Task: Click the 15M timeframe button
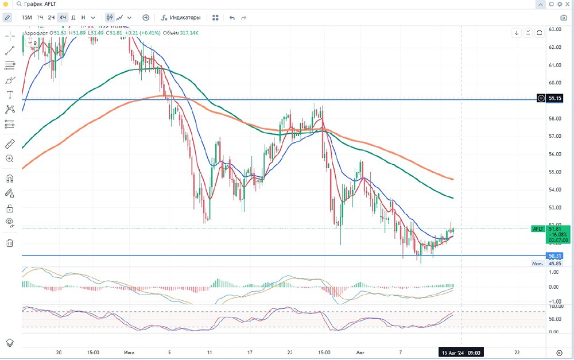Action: (x=27, y=18)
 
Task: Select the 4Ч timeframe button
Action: (x=63, y=18)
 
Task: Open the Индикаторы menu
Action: (x=181, y=18)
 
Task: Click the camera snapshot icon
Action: (x=564, y=18)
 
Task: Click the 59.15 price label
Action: (x=555, y=98)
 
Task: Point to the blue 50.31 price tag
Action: (x=555, y=256)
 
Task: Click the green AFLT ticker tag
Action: (x=538, y=229)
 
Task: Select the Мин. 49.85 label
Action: (x=546, y=264)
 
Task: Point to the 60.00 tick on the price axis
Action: (x=554, y=83)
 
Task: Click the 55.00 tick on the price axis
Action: (x=554, y=172)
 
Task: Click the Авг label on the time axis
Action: (x=360, y=352)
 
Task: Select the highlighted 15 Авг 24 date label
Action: (x=460, y=352)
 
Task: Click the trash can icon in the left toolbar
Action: (x=9, y=243)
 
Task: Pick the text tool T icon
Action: (x=9, y=95)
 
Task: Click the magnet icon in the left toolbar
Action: (x=9, y=179)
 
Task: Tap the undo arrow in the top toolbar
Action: (x=232, y=18)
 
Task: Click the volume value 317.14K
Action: (x=189, y=33)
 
